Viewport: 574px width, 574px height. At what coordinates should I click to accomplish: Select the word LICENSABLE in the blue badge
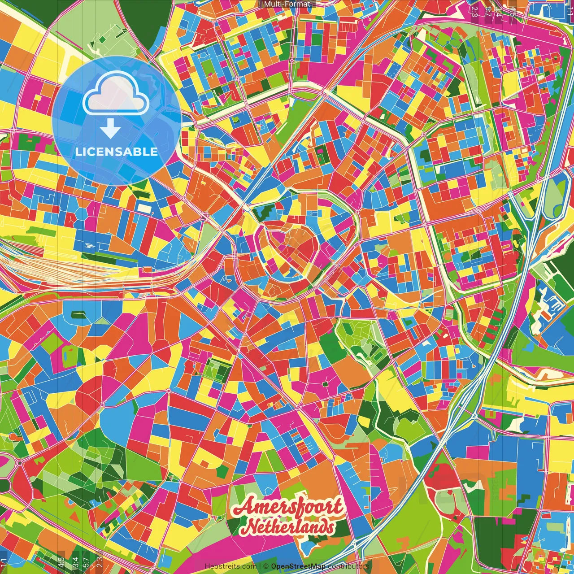(117, 152)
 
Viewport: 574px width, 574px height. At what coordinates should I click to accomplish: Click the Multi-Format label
(287, 4)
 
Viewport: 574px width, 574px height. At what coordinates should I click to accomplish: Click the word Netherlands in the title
(291, 527)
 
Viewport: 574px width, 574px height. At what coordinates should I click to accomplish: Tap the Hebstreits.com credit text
(230, 566)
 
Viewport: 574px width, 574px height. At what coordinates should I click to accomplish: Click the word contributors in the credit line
(348, 566)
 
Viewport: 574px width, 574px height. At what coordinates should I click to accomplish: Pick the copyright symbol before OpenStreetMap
(266, 566)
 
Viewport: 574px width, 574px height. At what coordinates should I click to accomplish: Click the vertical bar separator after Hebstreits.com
(260, 566)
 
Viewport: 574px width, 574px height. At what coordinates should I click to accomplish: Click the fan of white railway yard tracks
(67, 265)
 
